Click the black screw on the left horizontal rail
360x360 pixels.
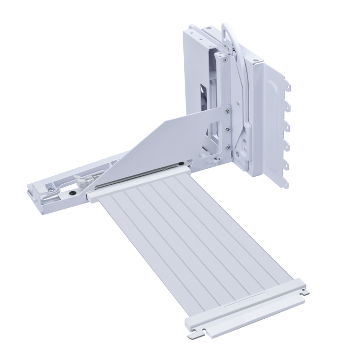pos(72,191)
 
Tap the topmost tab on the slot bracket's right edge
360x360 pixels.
pos(288,84)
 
